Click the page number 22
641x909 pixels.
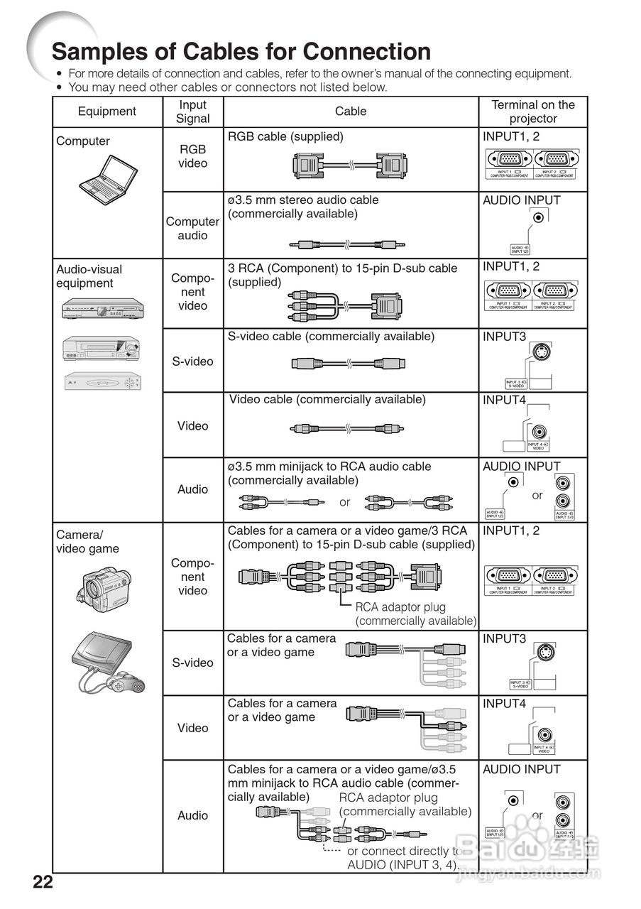[x=43, y=883]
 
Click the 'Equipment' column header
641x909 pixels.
[x=107, y=111]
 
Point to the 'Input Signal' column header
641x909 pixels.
[x=193, y=111]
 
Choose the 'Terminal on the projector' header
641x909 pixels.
[x=533, y=111]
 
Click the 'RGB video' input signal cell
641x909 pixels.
[x=193, y=156]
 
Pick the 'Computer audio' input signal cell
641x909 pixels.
[x=193, y=228]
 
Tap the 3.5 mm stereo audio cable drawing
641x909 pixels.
[x=348, y=244]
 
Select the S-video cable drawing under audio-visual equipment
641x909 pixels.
[x=348, y=364]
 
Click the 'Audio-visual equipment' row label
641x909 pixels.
[x=89, y=276]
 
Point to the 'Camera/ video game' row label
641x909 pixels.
[x=88, y=542]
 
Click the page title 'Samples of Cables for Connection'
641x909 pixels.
[x=241, y=51]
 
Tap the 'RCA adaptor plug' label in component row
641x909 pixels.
[x=400, y=606]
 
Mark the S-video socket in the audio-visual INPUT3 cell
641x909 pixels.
[x=542, y=354]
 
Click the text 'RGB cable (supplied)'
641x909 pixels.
[x=285, y=136]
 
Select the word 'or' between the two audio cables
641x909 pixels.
[x=344, y=502]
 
